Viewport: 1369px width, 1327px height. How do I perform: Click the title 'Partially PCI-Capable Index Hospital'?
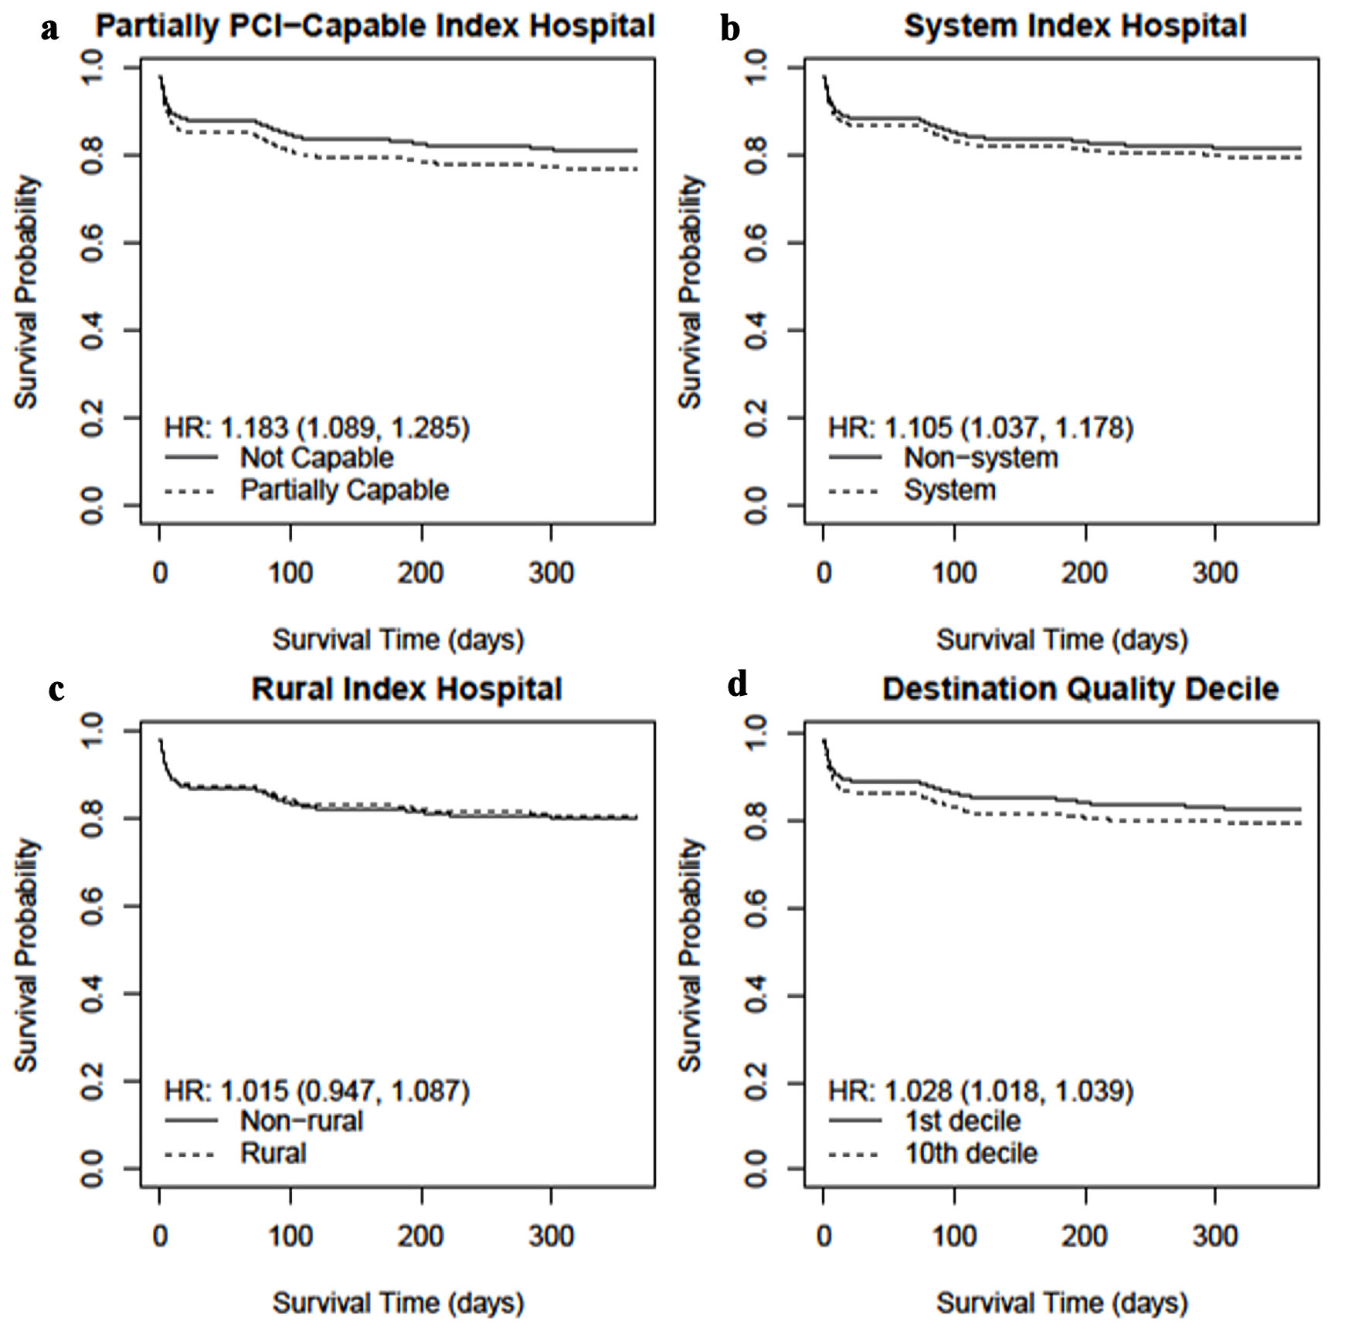tap(375, 26)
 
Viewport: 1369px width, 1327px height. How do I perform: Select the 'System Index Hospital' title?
tap(1075, 26)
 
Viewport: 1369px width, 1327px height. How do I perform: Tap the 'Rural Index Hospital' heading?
tap(406, 689)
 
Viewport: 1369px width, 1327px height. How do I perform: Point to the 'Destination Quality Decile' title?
tap(1080, 689)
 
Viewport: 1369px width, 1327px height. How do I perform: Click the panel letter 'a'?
tap(50, 29)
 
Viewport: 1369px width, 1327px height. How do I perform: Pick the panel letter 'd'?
tap(738, 684)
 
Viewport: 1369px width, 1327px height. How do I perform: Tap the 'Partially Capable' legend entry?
tap(344, 490)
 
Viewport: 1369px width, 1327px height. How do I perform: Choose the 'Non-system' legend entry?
tap(980, 457)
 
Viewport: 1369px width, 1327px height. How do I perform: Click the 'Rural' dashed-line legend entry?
tap(273, 1153)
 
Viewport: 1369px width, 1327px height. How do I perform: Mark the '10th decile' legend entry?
tap(971, 1153)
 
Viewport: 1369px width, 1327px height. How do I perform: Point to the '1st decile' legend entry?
tap(962, 1121)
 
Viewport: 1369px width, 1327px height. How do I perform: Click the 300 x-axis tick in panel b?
tap(1214, 573)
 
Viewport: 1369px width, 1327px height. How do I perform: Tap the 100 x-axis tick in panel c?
tap(290, 1236)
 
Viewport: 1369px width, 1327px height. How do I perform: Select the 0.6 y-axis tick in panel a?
tap(92, 243)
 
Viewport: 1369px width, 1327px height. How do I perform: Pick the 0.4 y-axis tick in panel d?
tap(756, 994)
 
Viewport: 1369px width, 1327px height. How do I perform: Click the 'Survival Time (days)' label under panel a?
tap(398, 640)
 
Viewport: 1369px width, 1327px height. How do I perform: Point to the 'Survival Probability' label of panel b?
tap(690, 292)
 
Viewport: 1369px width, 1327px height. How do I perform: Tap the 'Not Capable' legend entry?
tap(316, 457)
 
